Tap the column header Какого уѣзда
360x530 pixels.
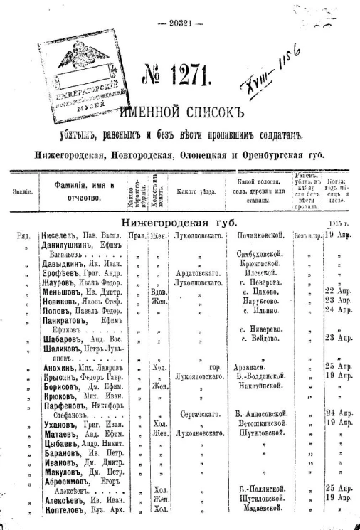[x=195, y=191]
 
